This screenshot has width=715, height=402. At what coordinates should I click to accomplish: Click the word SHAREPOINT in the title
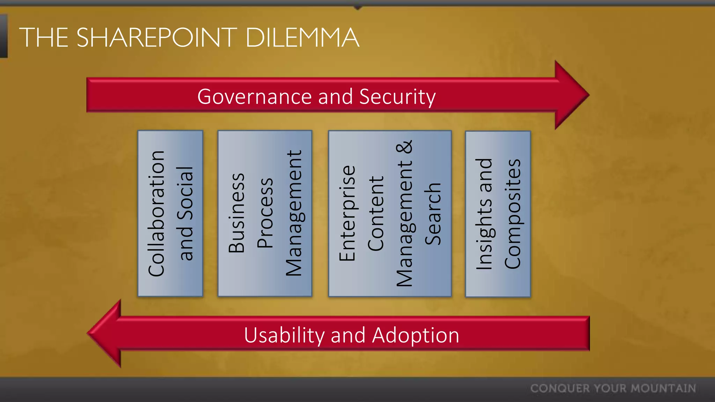pyautogui.click(x=157, y=37)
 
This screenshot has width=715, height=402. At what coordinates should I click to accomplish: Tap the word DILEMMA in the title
pyautogui.click(x=302, y=37)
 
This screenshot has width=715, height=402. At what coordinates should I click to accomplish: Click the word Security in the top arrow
pyautogui.click(x=397, y=97)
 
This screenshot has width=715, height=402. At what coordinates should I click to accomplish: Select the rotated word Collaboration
pyautogui.click(x=156, y=214)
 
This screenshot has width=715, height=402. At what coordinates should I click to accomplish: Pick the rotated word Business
pyautogui.click(x=237, y=213)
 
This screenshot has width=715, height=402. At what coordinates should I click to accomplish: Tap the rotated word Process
pyautogui.click(x=265, y=213)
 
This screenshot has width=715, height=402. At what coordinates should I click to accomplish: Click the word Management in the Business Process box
pyautogui.click(x=294, y=213)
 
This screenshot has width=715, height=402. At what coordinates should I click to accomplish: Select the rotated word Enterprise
pyautogui.click(x=347, y=213)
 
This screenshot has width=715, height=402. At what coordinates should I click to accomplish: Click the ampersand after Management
pyautogui.click(x=405, y=147)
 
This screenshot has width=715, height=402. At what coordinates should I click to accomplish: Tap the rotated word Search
pyautogui.click(x=433, y=214)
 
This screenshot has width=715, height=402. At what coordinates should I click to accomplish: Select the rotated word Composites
pyautogui.click(x=513, y=214)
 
